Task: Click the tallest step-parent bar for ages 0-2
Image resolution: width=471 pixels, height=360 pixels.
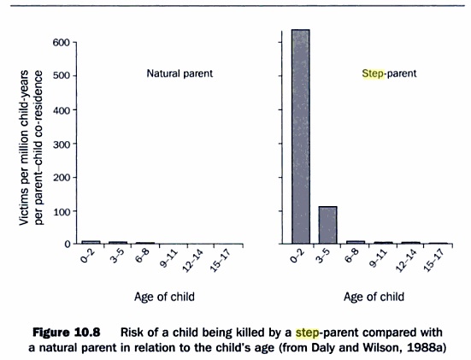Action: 300,137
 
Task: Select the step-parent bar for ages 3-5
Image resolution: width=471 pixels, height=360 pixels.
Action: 328,225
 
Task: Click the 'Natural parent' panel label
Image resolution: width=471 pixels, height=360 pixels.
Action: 180,74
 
